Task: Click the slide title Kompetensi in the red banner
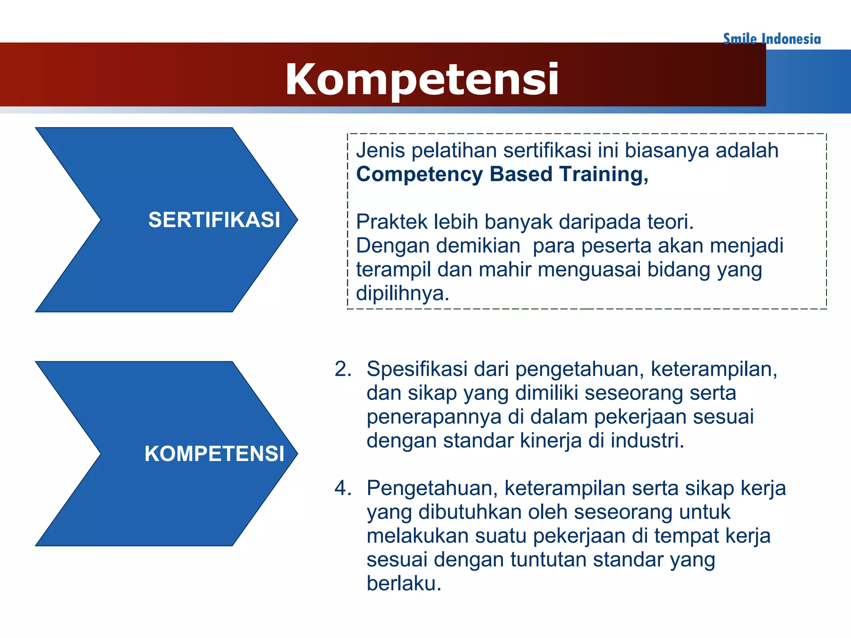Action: click(422, 79)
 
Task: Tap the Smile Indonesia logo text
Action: click(772, 39)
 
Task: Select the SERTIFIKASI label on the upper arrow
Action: click(214, 220)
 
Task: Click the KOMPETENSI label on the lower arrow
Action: click(214, 453)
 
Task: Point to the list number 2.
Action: click(342, 369)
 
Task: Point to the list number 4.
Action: click(342, 488)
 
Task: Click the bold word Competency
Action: click(419, 174)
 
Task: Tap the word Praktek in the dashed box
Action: click(391, 222)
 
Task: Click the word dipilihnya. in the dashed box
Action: click(402, 293)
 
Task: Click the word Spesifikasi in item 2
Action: click(417, 369)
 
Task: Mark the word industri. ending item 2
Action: click(647, 440)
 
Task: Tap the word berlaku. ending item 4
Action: click(403, 583)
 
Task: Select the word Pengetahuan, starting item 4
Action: click(432, 488)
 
